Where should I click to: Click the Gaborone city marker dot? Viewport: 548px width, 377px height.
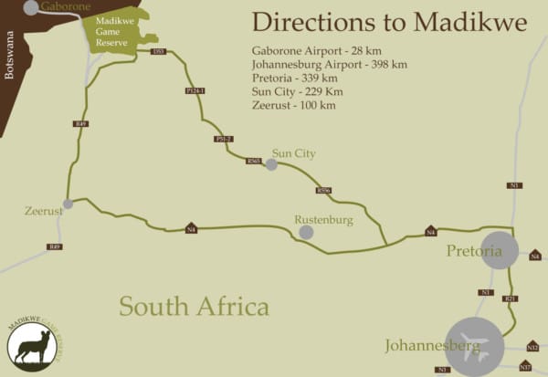click(31, 8)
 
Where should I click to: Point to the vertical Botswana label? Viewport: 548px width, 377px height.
click(10, 57)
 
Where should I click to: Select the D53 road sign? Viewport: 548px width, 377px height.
click(159, 52)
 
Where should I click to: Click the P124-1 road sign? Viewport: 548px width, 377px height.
click(195, 91)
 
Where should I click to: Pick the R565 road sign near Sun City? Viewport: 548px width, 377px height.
click(253, 161)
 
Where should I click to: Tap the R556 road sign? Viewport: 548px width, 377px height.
click(323, 190)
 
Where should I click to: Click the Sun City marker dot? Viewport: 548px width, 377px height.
click(271, 164)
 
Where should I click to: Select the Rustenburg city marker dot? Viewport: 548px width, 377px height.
click(306, 232)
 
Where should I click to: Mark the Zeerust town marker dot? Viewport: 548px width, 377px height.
click(68, 204)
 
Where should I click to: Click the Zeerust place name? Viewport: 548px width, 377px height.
click(43, 212)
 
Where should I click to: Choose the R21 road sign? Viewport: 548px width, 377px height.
click(511, 298)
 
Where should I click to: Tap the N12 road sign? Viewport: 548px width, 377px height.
click(532, 347)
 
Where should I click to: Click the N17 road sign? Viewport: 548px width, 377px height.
click(525, 367)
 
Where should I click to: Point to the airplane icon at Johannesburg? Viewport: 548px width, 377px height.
click(474, 348)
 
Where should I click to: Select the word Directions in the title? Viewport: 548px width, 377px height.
click(308, 21)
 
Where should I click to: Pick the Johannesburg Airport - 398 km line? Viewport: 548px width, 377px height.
click(329, 65)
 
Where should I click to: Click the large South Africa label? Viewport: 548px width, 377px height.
click(194, 306)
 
